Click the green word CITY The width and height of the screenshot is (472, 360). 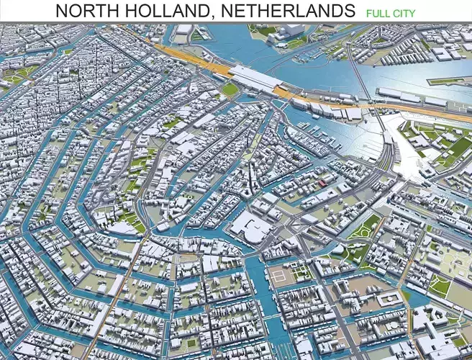[x=404, y=13]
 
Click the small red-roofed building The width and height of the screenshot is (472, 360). [x=322, y=184]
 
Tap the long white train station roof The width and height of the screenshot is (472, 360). [x=255, y=78]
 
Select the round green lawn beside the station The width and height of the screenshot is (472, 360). [x=230, y=89]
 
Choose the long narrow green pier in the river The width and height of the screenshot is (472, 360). [x=449, y=80]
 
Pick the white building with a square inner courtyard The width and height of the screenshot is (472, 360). [x=389, y=300]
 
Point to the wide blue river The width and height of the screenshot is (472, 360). [x=324, y=65]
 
